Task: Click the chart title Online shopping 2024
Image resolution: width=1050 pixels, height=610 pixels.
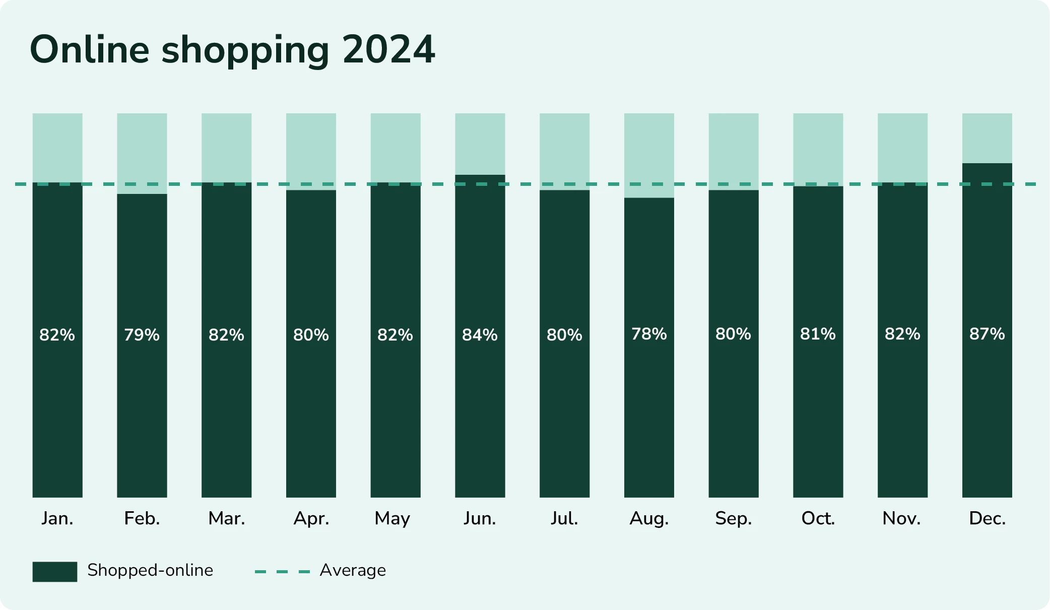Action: [232, 49]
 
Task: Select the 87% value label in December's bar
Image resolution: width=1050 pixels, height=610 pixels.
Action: [987, 334]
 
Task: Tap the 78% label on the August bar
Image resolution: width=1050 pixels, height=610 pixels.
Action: [649, 334]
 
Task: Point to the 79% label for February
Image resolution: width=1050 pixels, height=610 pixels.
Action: [142, 335]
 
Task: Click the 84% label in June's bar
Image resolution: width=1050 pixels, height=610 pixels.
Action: [480, 335]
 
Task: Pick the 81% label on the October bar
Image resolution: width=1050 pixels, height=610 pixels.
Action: [818, 334]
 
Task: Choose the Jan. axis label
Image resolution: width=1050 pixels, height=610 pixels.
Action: [57, 518]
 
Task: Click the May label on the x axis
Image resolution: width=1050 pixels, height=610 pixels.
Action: [392, 519]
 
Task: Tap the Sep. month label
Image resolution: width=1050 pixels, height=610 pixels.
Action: [733, 519]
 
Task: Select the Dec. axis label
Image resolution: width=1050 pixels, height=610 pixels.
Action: [987, 518]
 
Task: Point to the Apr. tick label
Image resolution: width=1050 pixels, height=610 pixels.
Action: [311, 519]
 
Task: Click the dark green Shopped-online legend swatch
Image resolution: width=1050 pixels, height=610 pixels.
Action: [55, 572]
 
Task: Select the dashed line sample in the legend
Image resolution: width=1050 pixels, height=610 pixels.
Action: [282, 572]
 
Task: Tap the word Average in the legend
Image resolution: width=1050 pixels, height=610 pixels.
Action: [353, 570]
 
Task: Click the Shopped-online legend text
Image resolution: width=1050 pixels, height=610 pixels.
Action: [150, 570]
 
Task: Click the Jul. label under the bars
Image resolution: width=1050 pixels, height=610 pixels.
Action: [564, 518]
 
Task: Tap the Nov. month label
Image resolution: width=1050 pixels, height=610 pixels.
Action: [901, 518]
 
